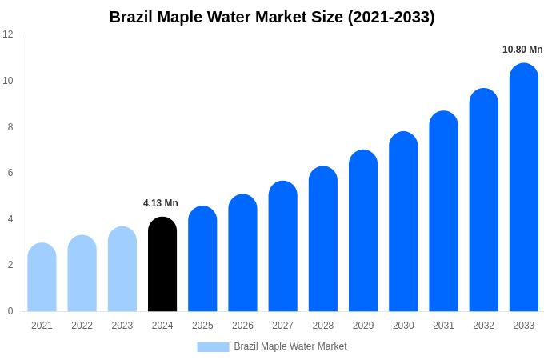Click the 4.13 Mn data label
pyautogui.click(x=161, y=203)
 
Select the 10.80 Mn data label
pyautogui.click(x=522, y=50)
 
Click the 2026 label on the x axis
pyautogui.click(x=242, y=326)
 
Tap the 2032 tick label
pyautogui.click(x=483, y=326)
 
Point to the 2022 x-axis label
pyautogui.click(x=82, y=326)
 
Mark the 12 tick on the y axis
pyautogui.click(x=8, y=34)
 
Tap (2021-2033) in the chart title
pyautogui.click(x=391, y=17)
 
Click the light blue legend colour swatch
pyautogui.click(x=213, y=347)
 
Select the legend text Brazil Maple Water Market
pyautogui.click(x=290, y=346)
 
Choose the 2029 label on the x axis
pyautogui.click(x=363, y=326)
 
